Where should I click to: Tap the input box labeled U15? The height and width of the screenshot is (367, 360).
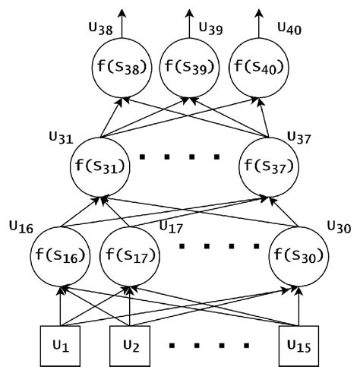click(299, 345)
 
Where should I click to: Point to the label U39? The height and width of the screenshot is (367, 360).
click(212, 28)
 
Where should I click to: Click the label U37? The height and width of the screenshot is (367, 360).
click(301, 138)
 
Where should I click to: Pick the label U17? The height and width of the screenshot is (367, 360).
click(172, 226)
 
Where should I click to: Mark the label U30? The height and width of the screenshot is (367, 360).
click(339, 226)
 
